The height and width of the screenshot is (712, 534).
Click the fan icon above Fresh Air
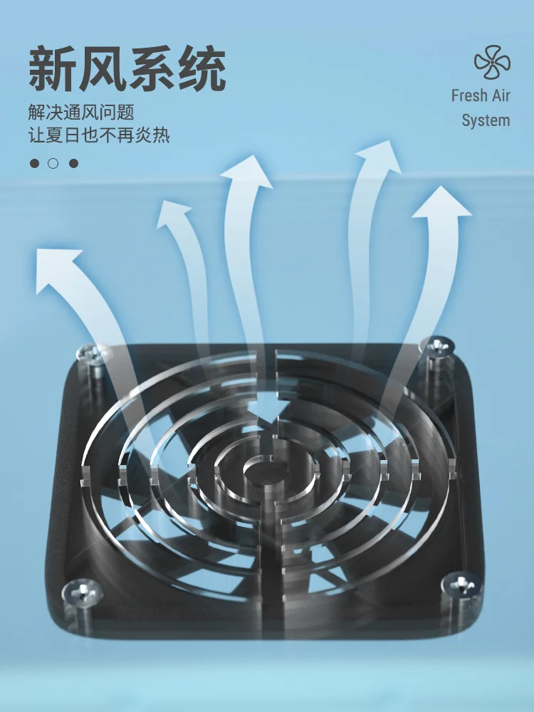click(x=492, y=63)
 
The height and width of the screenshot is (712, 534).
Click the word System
click(x=486, y=120)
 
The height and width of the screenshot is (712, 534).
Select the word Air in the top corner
click(x=501, y=95)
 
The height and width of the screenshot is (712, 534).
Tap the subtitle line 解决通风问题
click(x=82, y=112)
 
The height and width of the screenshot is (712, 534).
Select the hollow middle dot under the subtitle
click(x=53, y=163)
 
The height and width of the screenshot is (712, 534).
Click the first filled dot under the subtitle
click(x=34, y=163)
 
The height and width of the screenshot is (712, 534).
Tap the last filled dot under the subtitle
click(x=73, y=163)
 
